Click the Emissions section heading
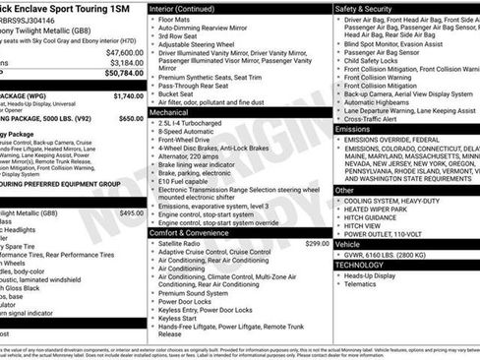[x=353, y=129]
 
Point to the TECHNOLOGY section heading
[x=360, y=265]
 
